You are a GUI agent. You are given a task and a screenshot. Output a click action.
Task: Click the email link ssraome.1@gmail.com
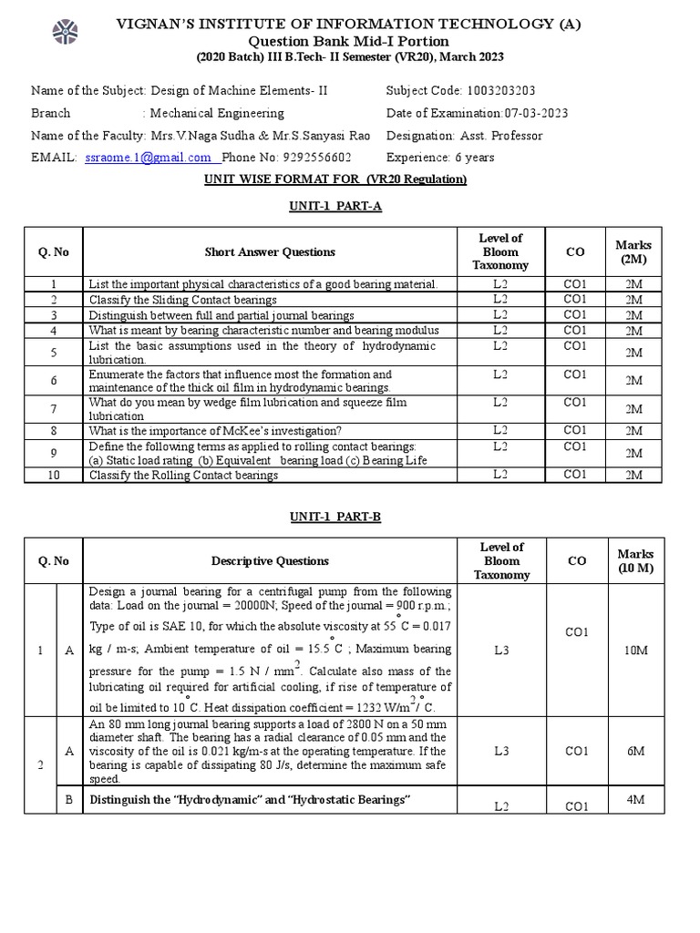pos(148,158)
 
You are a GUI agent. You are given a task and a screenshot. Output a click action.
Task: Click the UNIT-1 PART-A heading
pos(335,207)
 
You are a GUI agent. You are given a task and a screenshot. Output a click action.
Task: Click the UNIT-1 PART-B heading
pos(335,517)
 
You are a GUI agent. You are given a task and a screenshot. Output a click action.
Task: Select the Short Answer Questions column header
pos(270,252)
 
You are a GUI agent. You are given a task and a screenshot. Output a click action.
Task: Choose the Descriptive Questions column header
pos(270,561)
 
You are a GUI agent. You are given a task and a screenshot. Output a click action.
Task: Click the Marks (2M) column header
pos(634,252)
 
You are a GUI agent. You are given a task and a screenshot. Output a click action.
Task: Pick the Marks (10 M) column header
pos(634,561)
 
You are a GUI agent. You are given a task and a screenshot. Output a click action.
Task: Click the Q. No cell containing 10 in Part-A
pos(54,475)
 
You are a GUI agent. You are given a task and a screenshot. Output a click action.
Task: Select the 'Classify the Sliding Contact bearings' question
pos(182,300)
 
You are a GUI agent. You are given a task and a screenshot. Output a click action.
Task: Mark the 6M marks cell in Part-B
pos(634,750)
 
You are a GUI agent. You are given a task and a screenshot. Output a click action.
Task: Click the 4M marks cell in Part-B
pos(634,799)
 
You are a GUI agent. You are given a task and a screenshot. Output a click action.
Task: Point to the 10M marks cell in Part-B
pos(634,651)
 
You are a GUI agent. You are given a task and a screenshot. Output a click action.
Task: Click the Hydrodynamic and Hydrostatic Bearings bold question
pos(249,800)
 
